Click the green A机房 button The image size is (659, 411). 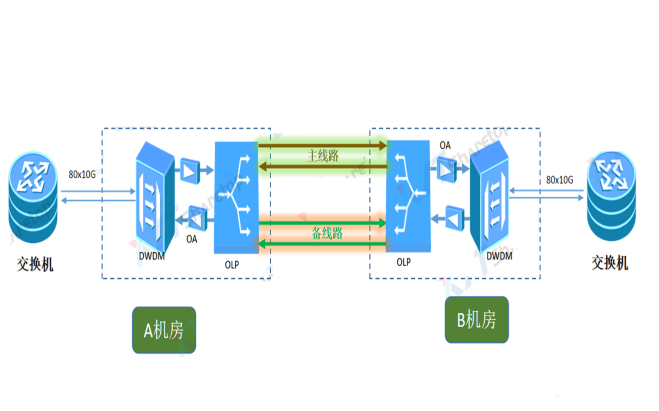point(164,330)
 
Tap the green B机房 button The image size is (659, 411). point(476,320)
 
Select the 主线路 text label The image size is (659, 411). point(323,156)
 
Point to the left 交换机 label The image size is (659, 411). point(35,264)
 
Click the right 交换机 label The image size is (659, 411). point(610,263)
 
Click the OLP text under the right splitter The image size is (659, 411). point(404,261)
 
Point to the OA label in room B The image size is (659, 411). point(445,145)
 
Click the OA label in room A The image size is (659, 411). point(192,239)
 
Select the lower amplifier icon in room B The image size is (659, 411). point(454,217)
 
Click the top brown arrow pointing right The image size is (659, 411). point(323,146)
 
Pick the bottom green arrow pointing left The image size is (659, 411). point(323,243)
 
